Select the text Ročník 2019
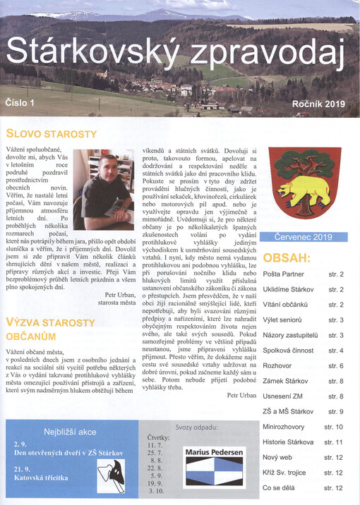click(x=318, y=104)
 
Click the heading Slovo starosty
click(x=51, y=133)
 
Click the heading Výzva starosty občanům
click(x=50, y=329)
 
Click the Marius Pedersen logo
click(x=214, y=466)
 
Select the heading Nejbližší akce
click(x=69, y=431)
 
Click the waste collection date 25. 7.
click(x=155, y=452)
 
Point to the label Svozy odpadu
click(x=196, y=427)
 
